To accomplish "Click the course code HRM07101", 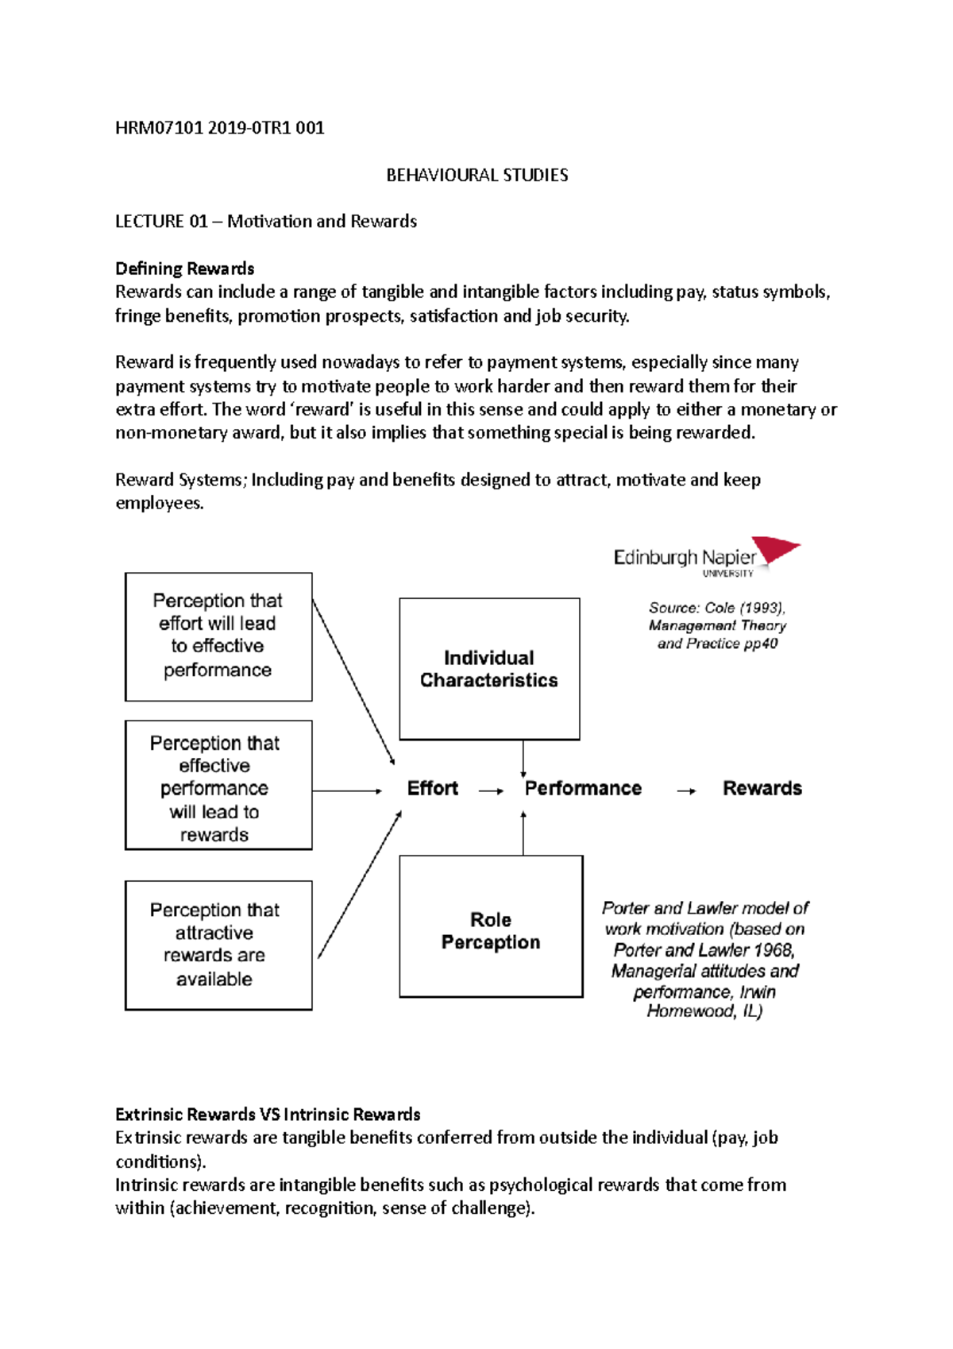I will click(x=159, y=128).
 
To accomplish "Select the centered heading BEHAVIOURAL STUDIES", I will click(x=476, y=175).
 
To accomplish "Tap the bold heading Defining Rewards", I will click(x=184, y=269).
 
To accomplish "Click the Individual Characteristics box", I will click(x=489, y=669).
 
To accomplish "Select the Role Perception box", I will click(x=491, y=926).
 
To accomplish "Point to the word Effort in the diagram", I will click(x=432, y=788).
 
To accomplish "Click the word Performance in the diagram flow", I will click(x=583, y=788).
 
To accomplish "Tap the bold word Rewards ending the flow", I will click(x=762, y=788).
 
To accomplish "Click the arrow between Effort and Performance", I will click(x=491, y=790).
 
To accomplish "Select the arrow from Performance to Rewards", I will click(x=686, y=790).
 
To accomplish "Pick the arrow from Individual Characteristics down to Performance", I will click(x=523, y=759).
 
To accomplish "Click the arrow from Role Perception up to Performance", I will click(x=523, y=833).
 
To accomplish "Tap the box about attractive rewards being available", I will click(x=218, y=945).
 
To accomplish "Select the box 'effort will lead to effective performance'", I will click(x=218, y=636).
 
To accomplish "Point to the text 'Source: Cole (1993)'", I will click(x=716, y=608).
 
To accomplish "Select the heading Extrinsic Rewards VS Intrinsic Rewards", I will click(x=268, y=1114).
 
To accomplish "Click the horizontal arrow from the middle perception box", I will click(x=346, y=790).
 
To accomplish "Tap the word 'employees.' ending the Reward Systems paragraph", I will click(x=159, y=504).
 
